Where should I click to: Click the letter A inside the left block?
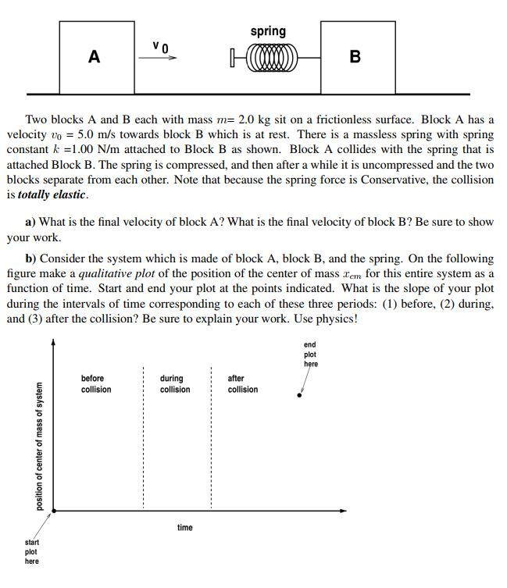point(94,57)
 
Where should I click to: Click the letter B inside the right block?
point(355,57)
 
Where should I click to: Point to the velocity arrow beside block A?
point(162,58)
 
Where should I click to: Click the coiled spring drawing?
point(267,56)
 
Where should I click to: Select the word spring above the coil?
point(268,31)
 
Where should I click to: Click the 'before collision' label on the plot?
point(96,383)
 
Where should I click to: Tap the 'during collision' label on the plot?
point(174,383)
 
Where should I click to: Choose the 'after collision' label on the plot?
point(242,383)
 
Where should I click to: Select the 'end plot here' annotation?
point(310,354)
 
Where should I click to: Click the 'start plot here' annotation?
point(32,551)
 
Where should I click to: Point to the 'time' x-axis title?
point(184,528)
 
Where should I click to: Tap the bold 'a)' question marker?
point(30,222)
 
